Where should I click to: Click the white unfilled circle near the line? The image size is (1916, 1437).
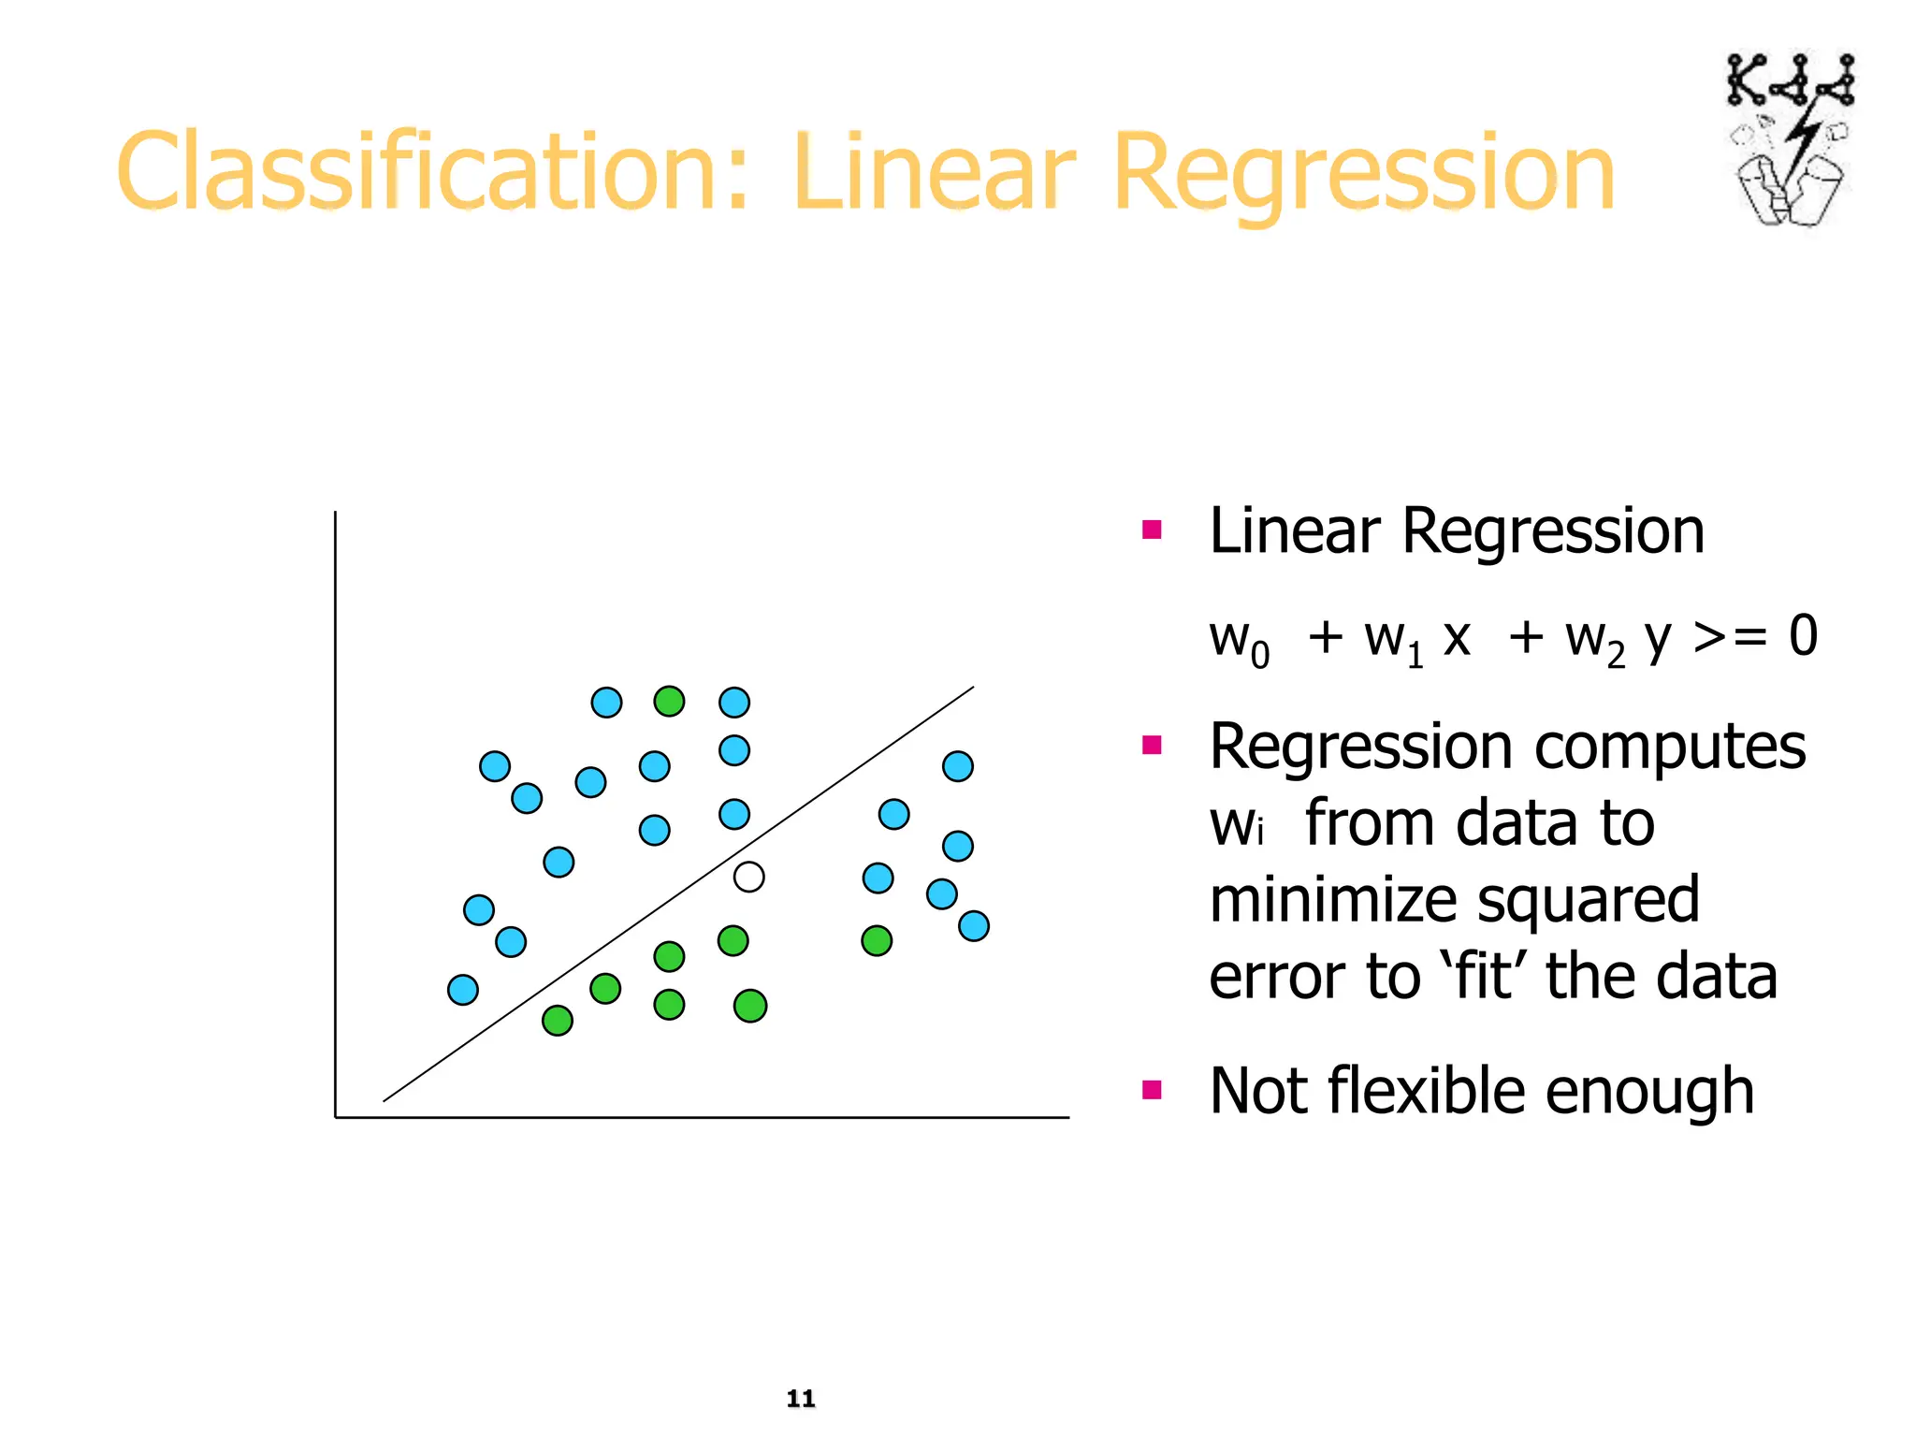[x=748, y=877]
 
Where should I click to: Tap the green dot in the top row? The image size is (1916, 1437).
[x=669, y=701]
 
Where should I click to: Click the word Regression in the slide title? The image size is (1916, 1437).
[x=1363, y=173]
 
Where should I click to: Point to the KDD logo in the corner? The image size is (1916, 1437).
[x=1790, y=140]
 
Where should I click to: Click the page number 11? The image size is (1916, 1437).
[x=801, y=1398]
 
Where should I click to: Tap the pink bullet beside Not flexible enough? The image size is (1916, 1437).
[x=1152, y=1089]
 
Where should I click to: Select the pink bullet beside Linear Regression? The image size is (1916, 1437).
[x=1152, y=530]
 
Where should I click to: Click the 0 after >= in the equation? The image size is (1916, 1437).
[x=1803, y=636]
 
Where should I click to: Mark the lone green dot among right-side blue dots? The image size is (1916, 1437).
[x=877, y=940]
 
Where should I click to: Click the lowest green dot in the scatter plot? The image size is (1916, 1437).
[x=558, y=1020]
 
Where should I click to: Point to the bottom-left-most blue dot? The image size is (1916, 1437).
[x=463, y=989]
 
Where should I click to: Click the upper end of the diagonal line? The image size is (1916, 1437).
[x=972, y=688]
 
